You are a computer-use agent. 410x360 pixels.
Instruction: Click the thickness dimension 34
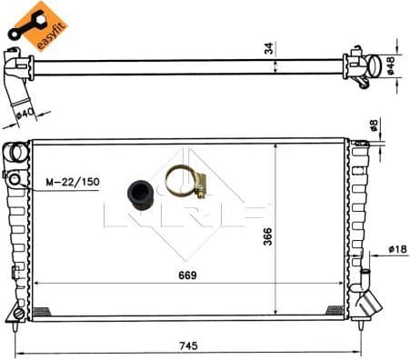pos(268,48)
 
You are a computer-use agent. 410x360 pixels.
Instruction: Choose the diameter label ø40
pos(25,114)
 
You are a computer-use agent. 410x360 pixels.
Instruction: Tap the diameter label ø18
pos(396,248)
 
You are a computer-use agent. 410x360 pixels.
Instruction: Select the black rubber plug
pos(141,194)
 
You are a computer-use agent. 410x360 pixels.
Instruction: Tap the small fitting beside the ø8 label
pos(362,144)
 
